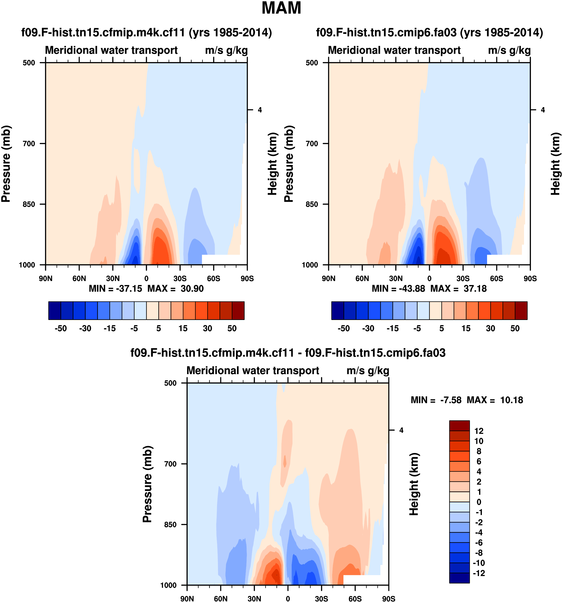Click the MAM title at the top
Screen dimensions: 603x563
pyautogui.click(x=281, y=8)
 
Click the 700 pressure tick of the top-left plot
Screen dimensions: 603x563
pyautogui.click(x=29, y=144)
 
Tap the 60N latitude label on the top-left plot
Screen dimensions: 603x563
pyautogui.click(x=79, y=279)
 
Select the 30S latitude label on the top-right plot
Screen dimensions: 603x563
pyautogui.click(x=463, y=279)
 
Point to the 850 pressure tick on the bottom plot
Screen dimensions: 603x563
pyautogui.click(x=170, y=524)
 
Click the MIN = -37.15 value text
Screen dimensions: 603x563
pyautogui.click(x=115, y=289)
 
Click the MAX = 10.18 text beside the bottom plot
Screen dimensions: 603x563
pyautogui.click(x=495, y=400)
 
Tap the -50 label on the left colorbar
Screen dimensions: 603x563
pyautogui.click(x=61, y=328)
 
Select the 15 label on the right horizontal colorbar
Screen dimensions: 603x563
pyautogui.click(x=466, y=328)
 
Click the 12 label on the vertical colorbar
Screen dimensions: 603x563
pyautogui.click(x=479, y=431)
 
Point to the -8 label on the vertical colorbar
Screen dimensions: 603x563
pyautogui.click(x=479, y=553)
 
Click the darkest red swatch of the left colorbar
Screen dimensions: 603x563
pyautogui.click(x=238, y=310)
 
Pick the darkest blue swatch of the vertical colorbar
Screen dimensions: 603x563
pyautogui.click(x=459, y=578)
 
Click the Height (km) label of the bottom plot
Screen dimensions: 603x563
pyautogui.click(x=414, y=484)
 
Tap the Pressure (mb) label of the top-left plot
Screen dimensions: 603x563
pyautogui.click(x=6, y=164)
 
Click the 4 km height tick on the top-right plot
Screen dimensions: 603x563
pyautogui.click(x=543, y=110)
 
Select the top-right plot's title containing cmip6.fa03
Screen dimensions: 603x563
pyautogui.click(x=429, y=32)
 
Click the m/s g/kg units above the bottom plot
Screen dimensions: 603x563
pyautogui.click(x=367, y=371)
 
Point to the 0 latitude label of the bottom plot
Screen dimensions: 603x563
pyautogui.click(x=288, y=599)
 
